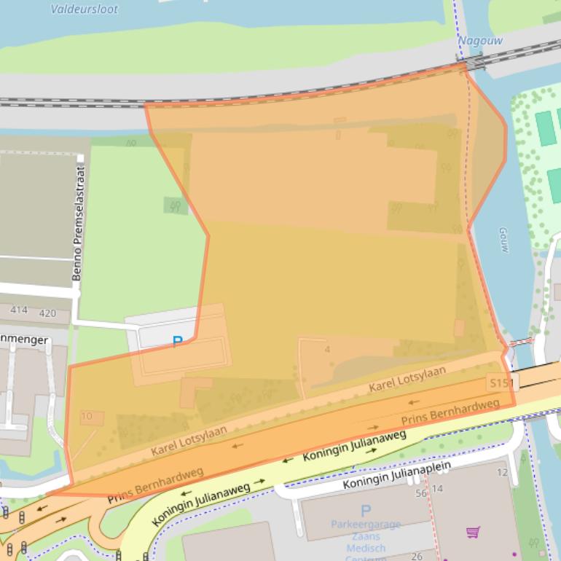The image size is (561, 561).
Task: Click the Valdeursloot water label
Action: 84,9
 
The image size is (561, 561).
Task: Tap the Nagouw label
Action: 480,41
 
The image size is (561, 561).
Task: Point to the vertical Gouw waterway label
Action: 503,240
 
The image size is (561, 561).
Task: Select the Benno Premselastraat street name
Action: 79,224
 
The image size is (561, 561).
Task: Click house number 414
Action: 18,310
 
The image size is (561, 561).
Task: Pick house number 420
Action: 47,313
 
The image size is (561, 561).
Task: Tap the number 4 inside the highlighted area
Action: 327,350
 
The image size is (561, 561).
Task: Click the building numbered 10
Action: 87,417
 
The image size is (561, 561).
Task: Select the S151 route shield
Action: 500,382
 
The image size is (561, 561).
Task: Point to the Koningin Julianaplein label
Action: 397,475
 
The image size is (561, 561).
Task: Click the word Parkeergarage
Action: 366,524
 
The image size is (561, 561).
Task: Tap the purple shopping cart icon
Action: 473,532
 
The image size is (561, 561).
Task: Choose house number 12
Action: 501,472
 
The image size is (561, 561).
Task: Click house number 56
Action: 420,493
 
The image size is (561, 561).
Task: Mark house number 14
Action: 437,489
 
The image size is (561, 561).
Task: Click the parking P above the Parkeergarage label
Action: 366,511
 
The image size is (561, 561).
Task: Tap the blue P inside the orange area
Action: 176,341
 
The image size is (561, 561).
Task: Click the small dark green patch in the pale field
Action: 175,206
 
